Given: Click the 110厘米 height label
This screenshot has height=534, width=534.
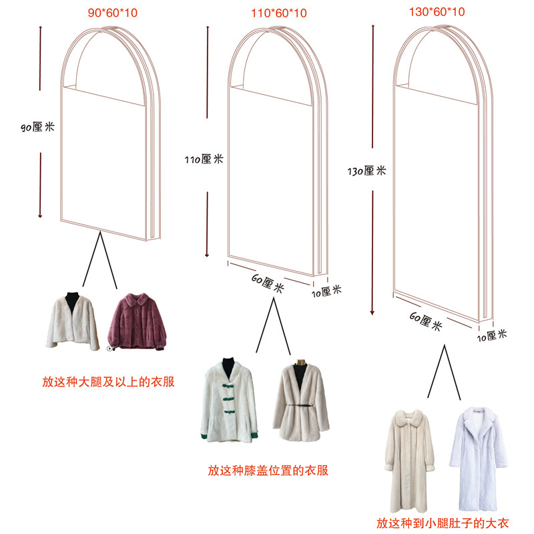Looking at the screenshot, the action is [204, 159].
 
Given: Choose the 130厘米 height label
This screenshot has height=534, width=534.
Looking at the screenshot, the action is [367, 171].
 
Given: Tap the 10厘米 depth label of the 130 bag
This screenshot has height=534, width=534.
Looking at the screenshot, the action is [493, 334].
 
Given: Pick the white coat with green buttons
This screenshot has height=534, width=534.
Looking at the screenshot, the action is [227, 400].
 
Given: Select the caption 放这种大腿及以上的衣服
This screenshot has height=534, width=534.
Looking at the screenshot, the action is [108, 382].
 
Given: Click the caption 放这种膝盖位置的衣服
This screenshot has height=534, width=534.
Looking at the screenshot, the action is [268, 471].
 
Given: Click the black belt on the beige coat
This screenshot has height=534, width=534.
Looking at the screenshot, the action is [302, 404].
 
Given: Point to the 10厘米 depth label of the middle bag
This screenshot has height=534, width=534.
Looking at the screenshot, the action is [326, 290].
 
